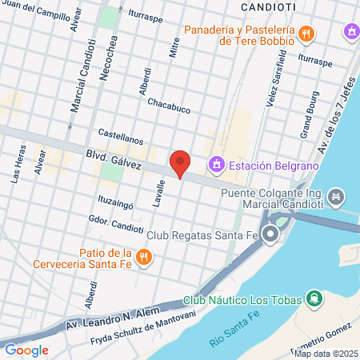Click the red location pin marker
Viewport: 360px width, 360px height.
point(181,164)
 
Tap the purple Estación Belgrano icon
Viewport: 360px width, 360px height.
point(215,166)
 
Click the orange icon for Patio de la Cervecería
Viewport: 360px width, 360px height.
point(144,257)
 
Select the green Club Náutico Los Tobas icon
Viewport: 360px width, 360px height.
point(315,300)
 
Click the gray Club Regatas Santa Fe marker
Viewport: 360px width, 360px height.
point(270,235)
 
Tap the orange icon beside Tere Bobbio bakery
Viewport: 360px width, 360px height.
point(307,33)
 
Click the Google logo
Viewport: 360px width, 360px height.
point(26,350)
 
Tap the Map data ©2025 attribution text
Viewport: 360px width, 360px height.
point(326,353)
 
